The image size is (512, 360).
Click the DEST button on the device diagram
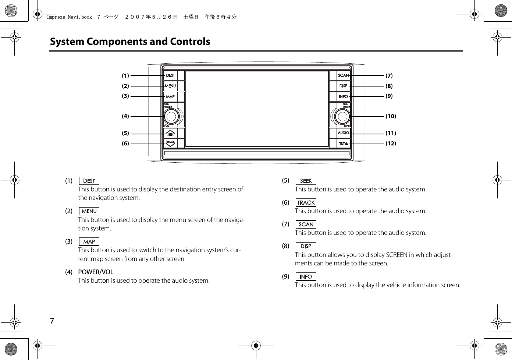coord(170,75)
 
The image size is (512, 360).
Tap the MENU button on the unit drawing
coord(170,86)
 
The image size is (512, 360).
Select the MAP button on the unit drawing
coord(170,96)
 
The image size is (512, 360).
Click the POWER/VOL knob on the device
coord(171,117)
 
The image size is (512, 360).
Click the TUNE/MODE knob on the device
coord(342,117)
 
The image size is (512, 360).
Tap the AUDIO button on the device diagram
coord(343,133)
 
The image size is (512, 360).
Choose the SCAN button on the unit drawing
coord(343,75)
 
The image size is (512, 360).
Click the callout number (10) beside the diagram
coord(391,116)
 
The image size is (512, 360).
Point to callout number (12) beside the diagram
coord(391,144)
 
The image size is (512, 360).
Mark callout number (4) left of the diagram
coord(125,116)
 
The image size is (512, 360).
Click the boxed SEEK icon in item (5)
coord(306,181)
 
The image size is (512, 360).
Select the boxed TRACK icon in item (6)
coord(306,202)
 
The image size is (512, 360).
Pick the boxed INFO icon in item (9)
coord(306,276)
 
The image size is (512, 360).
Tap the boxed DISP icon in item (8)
coord(306,246)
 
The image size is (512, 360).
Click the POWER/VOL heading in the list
coord(96,272)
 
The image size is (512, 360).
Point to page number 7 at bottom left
coord(52,321)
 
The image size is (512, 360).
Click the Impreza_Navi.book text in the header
coord(70,17)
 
